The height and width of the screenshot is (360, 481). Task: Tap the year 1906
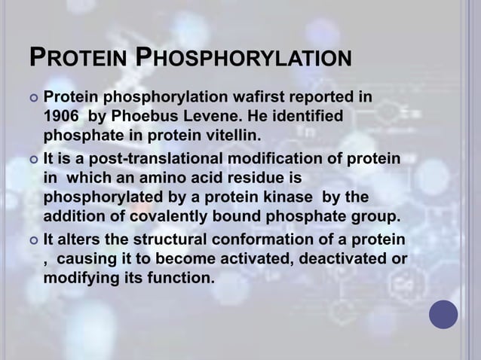60,117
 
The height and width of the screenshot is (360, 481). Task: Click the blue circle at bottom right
443,315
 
